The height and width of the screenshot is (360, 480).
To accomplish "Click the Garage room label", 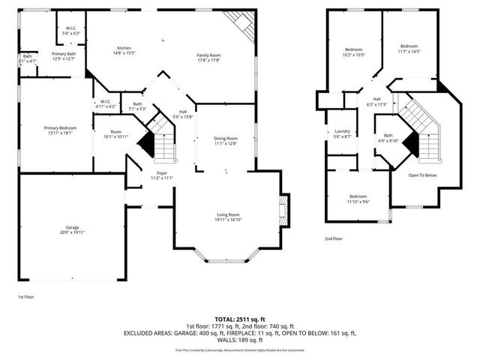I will tap(72, 228).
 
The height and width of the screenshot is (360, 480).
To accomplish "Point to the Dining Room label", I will tap(226, 140).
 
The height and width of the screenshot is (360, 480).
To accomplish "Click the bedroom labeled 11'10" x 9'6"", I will tap(358, 199).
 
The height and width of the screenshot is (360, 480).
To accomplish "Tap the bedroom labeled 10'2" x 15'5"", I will tap(353, 51).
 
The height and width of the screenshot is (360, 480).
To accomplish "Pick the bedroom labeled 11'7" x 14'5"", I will tap(409, 48).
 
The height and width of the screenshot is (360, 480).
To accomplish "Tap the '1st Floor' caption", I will tap(25, 297).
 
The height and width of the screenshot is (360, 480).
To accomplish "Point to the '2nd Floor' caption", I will tap(334, 238).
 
